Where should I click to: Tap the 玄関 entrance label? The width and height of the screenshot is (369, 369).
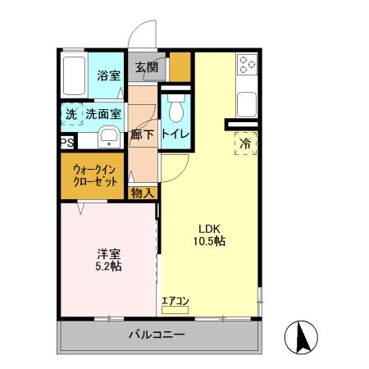pos(147,67)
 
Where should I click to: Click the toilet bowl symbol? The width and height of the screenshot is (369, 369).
pos(175,106)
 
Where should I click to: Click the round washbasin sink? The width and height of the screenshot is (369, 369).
pos(107,136)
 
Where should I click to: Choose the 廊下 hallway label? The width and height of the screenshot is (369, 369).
pos(142,134)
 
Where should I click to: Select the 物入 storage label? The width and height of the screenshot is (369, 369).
pos(143,193)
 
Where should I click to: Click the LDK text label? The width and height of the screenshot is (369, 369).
pos(209,228)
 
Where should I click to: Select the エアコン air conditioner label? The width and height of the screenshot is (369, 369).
pos(175,301)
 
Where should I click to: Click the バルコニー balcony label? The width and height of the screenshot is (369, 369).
pos(157,335)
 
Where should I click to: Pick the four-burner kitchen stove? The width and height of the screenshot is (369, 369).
pos(246,63)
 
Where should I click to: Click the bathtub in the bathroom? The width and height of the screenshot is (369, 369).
pos(75,77)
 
